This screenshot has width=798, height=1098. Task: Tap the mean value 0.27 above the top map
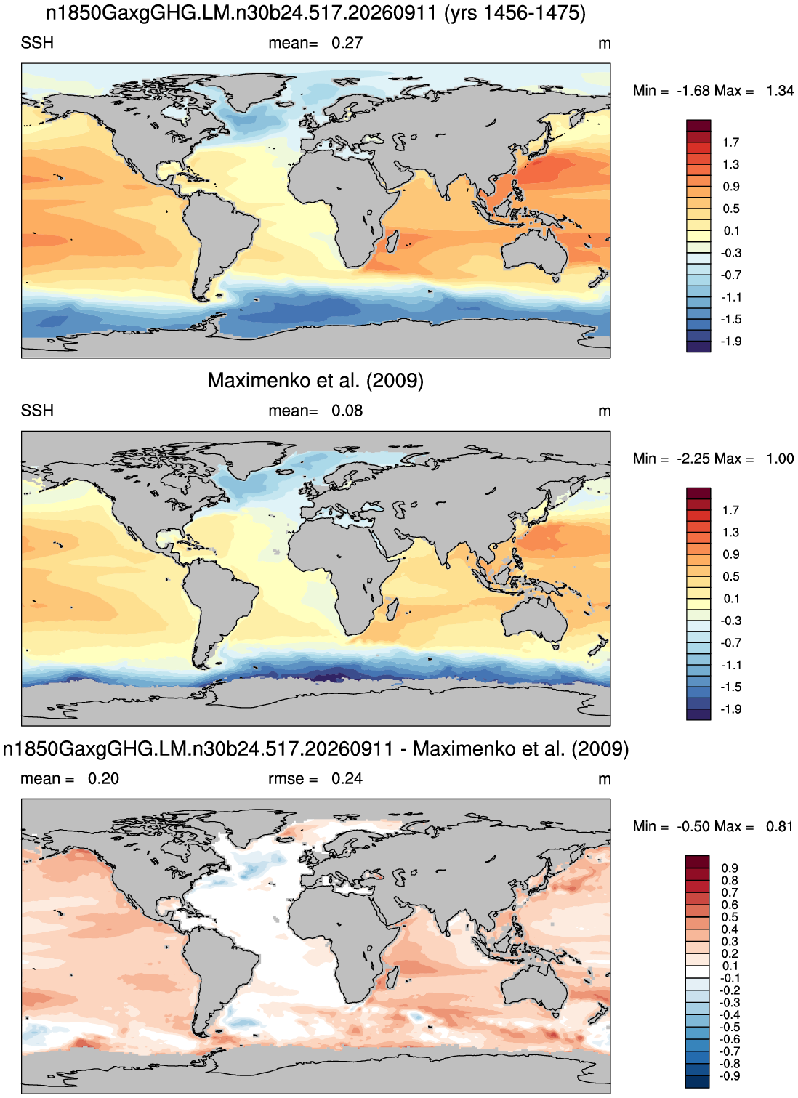click(347, 43)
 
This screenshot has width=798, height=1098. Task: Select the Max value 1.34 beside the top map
click(781, 91)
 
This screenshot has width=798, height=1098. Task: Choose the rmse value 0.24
click(347, 779)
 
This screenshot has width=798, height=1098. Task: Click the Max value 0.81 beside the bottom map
click(780, 826)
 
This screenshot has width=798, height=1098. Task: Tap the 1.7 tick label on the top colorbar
click(730, 142)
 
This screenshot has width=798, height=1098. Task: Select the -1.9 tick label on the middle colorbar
click(731, 709)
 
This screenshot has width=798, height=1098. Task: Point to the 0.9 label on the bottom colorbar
click(730, 868)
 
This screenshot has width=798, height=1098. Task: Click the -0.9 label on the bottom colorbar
click(730, 1076)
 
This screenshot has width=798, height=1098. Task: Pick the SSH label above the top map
click(37, 43)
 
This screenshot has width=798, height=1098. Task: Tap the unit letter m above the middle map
click(605, 411)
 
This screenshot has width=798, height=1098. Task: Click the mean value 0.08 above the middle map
click(347, 411)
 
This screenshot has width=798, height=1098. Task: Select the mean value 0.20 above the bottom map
click(103, 779)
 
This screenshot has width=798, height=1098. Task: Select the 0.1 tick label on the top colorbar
click(731, 231)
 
